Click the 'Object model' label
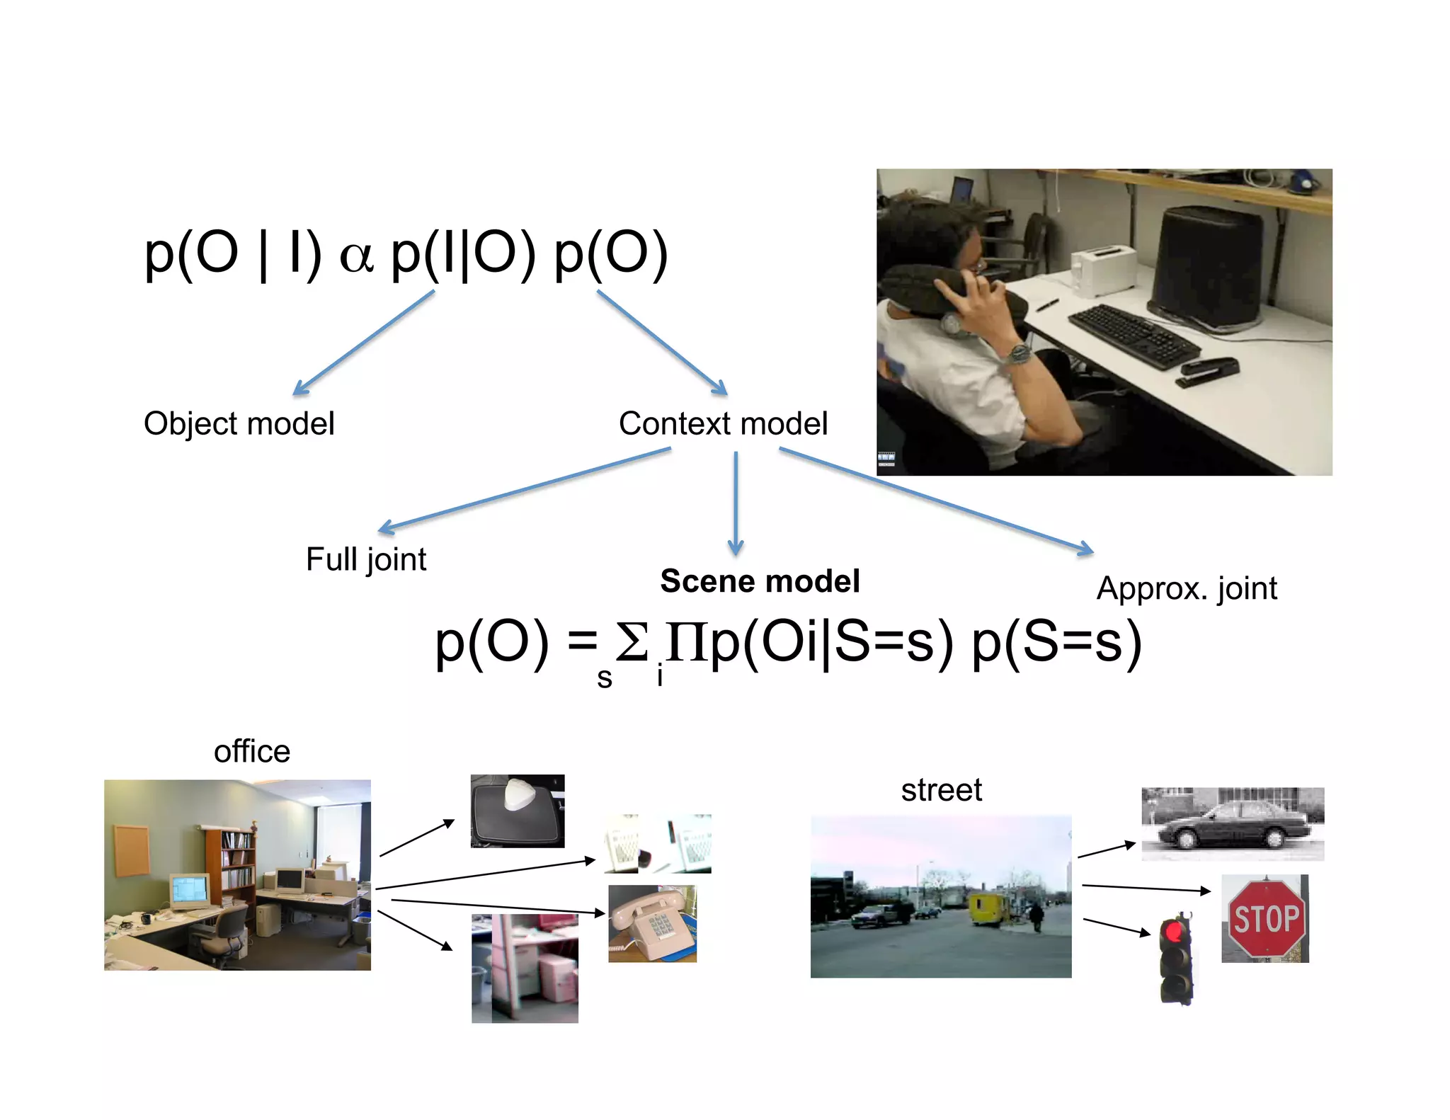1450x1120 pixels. coord(239,424)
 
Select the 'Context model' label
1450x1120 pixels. coord(723,424)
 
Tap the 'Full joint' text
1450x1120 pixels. coord(365,559)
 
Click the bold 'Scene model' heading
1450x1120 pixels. coord(760,581)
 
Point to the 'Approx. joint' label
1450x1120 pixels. coord(1187,588)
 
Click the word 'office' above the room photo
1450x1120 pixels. coord(252,751)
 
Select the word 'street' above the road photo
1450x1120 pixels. coord(941,790)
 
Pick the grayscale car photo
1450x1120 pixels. coord(1233,824)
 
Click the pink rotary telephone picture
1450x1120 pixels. coord(652,923)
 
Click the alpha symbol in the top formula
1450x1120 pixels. coord(356,256)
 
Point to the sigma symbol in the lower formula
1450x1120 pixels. coord(632,642)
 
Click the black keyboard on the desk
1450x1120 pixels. coord(1133,336)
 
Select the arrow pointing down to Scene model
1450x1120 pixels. coord(736,503)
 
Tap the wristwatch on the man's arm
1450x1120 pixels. coord(1018,352)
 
